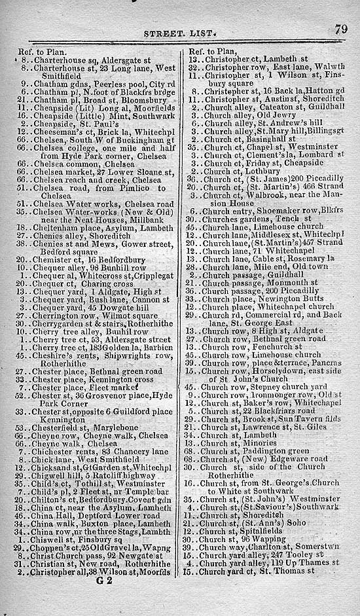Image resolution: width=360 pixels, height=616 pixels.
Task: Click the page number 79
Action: (x=340, y=29)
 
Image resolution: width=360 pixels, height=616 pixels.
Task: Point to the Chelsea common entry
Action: (x=90, y=163)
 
